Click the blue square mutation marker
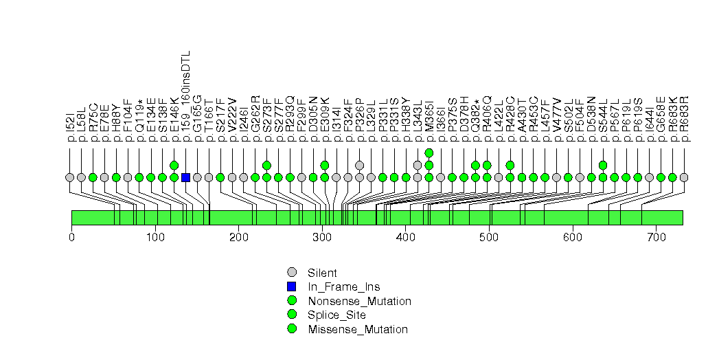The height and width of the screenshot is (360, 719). pyautogui.click(x=185, y=177)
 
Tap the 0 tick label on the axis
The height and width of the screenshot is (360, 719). pyautogui.click(x=71, y=237)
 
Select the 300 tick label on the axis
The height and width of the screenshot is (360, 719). pyautogui.click(x=322, y=237)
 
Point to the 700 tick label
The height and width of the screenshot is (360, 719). pyautogui.click(x=656, y=237)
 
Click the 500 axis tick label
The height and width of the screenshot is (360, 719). pyautogui.click(x=489, y=237)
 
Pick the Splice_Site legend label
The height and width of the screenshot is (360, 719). pyautogui.click(x=337, y=315)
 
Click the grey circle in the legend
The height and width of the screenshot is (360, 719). pyautogui.click(x=292, y=273)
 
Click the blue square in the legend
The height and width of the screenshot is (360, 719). pyautogui.click(x=292, y=286)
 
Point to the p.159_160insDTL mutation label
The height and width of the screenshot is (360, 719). pyautogui.click(x=185, y=96)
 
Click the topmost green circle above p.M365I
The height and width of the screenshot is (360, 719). pyautogui.click(x=429, y=153)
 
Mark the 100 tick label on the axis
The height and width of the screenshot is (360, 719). pyautogui.click(x=155, y=237)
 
